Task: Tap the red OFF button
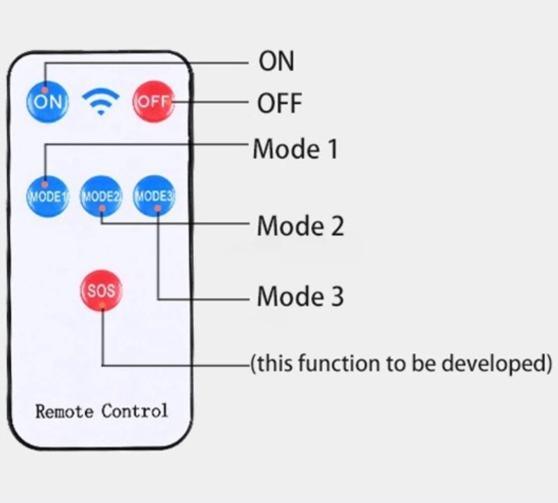click(153, 101)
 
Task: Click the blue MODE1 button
click(46, 195)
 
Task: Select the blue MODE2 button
click(101, 195)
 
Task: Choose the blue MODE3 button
click(155, 195)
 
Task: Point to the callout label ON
click(276, 61)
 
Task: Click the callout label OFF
click(280, 104)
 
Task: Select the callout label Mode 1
click(295, 149)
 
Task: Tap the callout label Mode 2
click(300, 226)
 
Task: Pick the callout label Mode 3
click(300, 296)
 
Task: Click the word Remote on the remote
click(64, 410)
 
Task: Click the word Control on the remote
click(135, 410)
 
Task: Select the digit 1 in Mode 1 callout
click(331, 149)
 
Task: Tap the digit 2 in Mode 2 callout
click(336, 226)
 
